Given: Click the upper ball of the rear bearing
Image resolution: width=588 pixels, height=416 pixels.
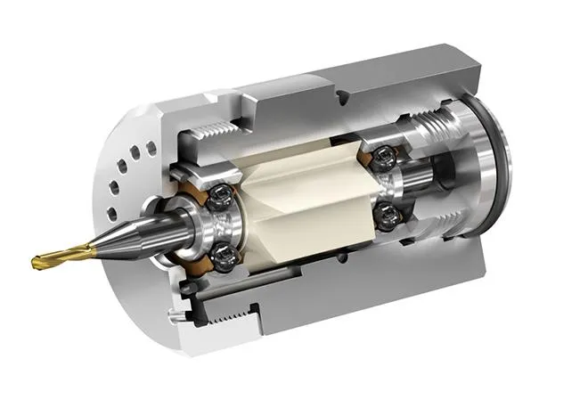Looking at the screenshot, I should [380, 157].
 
